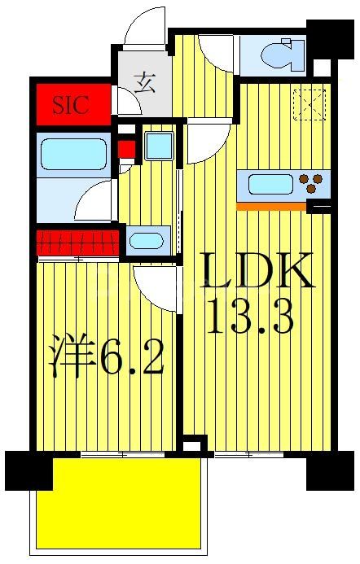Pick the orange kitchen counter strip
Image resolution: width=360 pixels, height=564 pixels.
[x=270, y=206]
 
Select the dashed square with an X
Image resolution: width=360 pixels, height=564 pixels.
[x=309, y=104]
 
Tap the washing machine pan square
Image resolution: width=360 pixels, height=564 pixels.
[x=158, y=145]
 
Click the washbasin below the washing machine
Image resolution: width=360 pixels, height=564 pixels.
[x=147, y=241]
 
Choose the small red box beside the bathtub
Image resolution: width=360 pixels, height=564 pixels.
[x=125, y=150]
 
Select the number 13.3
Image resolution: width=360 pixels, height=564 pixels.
[x=249, y=318]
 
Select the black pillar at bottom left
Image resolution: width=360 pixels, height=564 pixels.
[x=29, y=470]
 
